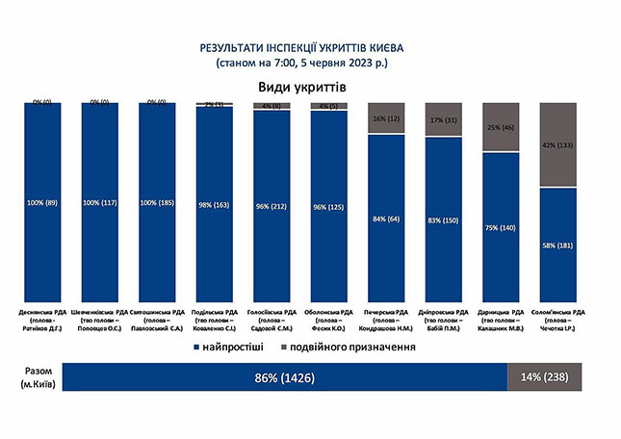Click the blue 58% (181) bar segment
click(557, 245)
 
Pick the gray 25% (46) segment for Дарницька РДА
click(501, 127)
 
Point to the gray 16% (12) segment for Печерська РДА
click(386, 117)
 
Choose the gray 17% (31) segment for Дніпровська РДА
click(444, 118)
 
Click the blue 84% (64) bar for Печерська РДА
click(386, 219)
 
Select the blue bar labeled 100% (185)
click(157, 202)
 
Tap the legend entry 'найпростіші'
click(240, 346)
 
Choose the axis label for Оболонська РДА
click(329, 317)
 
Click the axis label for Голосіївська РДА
click(272, 317)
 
